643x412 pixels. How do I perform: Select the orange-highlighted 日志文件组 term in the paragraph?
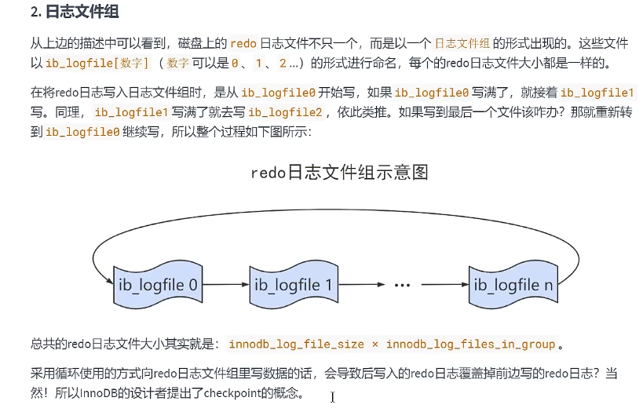click(463, 44)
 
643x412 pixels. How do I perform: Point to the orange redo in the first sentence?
click(243, 44)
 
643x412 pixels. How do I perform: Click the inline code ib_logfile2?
click(286, 112)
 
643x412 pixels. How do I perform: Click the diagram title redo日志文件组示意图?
click(339, 172)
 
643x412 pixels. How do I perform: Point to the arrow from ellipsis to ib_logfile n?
click(443, 286)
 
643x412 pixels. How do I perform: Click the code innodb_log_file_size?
click(296, 345)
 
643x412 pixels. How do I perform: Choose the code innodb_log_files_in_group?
click(471, 345)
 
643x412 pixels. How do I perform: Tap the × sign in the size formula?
click(375, 345)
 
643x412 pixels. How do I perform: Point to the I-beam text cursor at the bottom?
click(332, 397)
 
